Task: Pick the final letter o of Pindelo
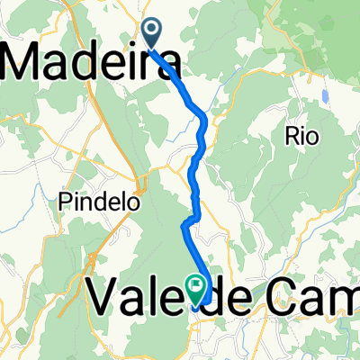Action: [x=135, y=203]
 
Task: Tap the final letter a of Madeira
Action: [x=164, y=65]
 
